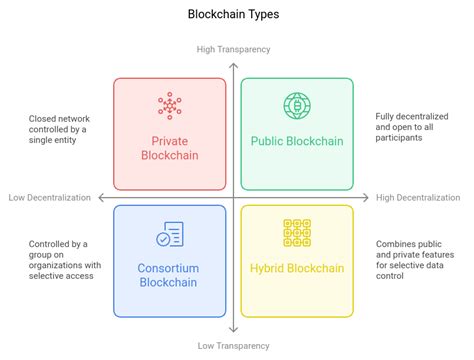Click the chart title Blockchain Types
[x=234, y=15]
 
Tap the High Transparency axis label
[x=234, y=49]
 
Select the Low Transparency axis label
[x=234, y=345]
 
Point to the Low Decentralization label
[x=50, y=197]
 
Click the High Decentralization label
[x=419, y=197]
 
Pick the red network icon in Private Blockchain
[x=170, y=106]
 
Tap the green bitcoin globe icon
[x=296, y=105]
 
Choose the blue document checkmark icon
[x=170, y=234]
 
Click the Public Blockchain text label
[x=297, y=141]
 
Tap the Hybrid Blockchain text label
[x=297, y=269]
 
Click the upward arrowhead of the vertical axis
[x=234, y=62]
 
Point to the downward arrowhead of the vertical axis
[x=234, y=331]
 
